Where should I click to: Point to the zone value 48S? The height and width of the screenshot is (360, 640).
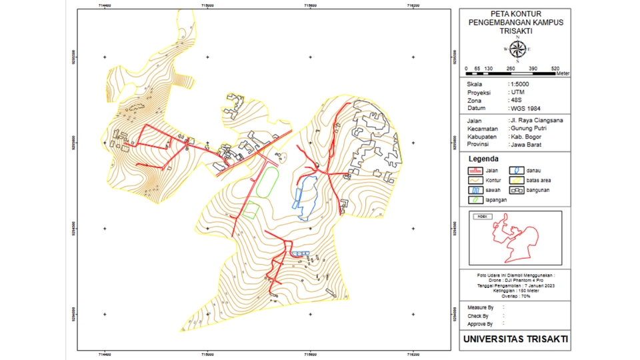point(517,100)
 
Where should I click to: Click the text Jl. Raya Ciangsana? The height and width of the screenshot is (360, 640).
point(537,121)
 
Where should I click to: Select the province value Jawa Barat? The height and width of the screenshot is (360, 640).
point(526,145)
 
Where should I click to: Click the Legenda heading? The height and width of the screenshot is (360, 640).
point(483,159)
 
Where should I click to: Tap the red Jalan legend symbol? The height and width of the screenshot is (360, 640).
point(473,171)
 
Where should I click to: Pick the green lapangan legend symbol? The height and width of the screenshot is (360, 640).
point(473,199)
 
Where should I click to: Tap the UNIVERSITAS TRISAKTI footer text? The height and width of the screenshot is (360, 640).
point(515,339)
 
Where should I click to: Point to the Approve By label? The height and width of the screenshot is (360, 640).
point(481,324)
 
